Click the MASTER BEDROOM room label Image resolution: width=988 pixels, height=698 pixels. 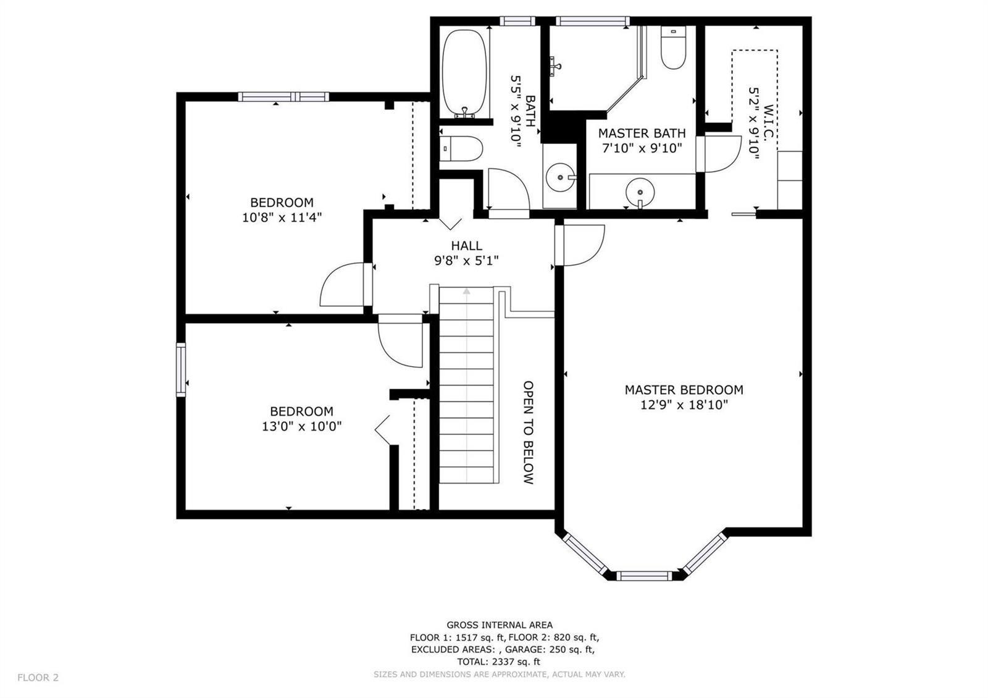click(x=684, y=390)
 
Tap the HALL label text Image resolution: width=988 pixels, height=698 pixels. click(x=466, y=246)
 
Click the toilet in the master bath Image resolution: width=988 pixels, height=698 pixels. click(x=674, y=47)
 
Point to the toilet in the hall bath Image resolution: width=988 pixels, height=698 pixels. click(x=461, y=148)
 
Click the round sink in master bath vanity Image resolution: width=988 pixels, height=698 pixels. click(x=640, y=192)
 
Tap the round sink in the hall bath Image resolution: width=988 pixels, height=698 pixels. click(x=561, y=177)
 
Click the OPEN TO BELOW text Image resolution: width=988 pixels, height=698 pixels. click(x=529, y=432)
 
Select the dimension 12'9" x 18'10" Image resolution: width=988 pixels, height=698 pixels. click(x=684, y=405)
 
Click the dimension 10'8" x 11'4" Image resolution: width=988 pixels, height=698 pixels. click(x=282, y=217)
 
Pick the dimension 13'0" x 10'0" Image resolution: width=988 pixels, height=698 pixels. click(x=302, y=427)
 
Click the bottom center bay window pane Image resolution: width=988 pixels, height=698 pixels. click(x=644, y=576)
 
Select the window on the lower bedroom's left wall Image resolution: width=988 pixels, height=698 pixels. click(x=181, y=370)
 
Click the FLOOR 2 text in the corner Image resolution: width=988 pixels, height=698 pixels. click(x=38, y=678)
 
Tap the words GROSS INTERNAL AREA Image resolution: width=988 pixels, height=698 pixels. click(x=500, y=624)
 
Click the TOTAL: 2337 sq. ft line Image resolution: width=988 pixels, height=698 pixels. click(x=498, y=662)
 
